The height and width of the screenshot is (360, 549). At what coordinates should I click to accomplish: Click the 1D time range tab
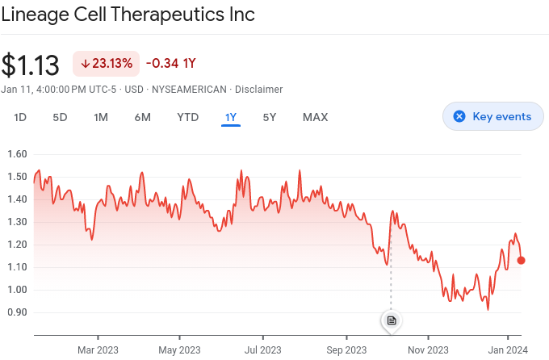[x=20, y=117]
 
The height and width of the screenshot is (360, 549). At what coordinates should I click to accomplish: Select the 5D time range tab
[x=60, y=117]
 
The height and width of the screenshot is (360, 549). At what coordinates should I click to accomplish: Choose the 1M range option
[x=101, y=117]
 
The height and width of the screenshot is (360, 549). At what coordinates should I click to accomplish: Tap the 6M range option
[x=143, y=117]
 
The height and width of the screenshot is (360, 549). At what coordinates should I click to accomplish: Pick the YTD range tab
[x=188, y=117]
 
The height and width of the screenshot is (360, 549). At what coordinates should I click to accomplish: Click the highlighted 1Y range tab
[x=231, y=117]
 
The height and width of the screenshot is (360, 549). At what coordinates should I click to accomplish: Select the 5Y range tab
[x=270, y=117]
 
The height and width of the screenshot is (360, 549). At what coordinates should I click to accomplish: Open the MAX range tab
[x=315, y=117]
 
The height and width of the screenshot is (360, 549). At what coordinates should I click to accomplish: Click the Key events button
[x=493, y=116]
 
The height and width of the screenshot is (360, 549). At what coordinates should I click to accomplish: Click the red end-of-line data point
[x=522, y=260]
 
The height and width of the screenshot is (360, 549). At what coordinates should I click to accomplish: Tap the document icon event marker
[x=392, y=320]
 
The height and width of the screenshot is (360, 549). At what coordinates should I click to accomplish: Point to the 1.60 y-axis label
[x=17, y=154]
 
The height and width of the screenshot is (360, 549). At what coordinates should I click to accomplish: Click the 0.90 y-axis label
[x=17, y=312]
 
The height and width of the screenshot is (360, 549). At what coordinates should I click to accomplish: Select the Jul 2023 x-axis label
[x=262, y=350]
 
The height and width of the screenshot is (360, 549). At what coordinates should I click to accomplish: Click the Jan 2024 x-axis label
[x=508, y=350]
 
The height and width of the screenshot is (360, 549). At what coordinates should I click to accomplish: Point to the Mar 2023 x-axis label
[x=98, y=350]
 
